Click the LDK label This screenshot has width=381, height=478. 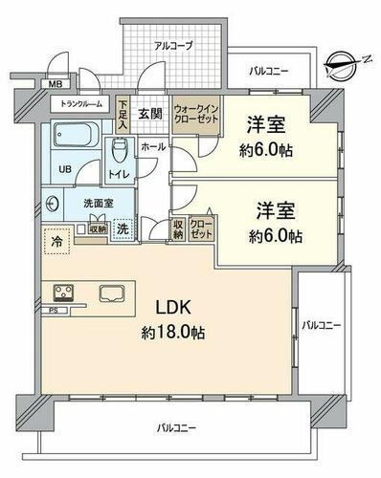pyautogui.click(x=173, y=308)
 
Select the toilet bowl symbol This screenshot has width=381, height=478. pyautogui.click(x=120, y=148)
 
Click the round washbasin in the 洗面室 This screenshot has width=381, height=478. pyautogui.click(x=52, y=204)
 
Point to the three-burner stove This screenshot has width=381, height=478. pyautogui.click(x=63, y=293)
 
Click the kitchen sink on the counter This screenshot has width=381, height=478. pyautogui.click(x=112, y=293)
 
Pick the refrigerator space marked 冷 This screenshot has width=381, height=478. pyautogui.click(x=57, y=241)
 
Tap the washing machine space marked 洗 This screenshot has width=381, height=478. pyautogui.click(x=123, y=229)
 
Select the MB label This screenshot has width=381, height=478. pyautogui.click(x=55, y=84)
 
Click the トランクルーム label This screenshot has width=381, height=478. pyautogui.click(x=81, y=103)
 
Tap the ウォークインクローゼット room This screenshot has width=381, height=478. pyautogui.click(x=195, y=115)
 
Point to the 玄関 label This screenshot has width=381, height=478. pyautogui.click(x=149, y=114)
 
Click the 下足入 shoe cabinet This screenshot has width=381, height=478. pyautogui.click(x=123, y=115)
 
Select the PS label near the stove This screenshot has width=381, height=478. pyautogui.click(x=54, y=311)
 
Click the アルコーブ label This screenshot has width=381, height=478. pyautogui.click(x=173, y=46)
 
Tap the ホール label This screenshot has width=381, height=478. pyautogui.click(x=153, y=147)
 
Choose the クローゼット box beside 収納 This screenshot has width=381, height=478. pyautogui.click(x=201, y=228)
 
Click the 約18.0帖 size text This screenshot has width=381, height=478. pyautogui.click(x=173, y=333)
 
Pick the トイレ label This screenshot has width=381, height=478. pyautogui.click(x=119, y=174)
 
